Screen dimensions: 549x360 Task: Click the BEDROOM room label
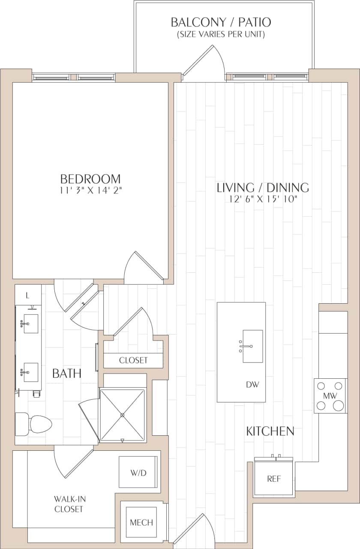[90, 178]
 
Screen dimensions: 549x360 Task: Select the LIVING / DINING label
[263, 187]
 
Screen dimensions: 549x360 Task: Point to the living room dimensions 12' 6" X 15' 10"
[263, 199]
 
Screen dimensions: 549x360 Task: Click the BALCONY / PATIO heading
[221, 22]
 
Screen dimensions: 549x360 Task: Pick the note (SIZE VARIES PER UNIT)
[221, 34]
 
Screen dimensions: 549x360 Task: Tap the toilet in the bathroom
[34, 424]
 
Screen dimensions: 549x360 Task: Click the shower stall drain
[123, 415]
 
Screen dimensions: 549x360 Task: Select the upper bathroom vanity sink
[30, 324]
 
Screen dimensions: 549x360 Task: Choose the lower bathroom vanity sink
[30, 372]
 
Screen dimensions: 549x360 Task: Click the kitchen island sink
[252, 346]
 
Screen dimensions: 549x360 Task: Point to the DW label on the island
[252, 385]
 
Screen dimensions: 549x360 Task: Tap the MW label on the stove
[330, 395]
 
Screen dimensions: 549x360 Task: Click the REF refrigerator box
[273, 479]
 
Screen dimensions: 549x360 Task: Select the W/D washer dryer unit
[138, 472]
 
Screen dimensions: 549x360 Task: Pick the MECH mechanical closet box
[141, 522]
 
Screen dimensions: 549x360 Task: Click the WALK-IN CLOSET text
[69, 504]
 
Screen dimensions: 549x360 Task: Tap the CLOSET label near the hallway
[133, 360]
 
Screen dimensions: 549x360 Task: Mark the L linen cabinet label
[27, 295]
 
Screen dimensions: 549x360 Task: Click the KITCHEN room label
[270, 431]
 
